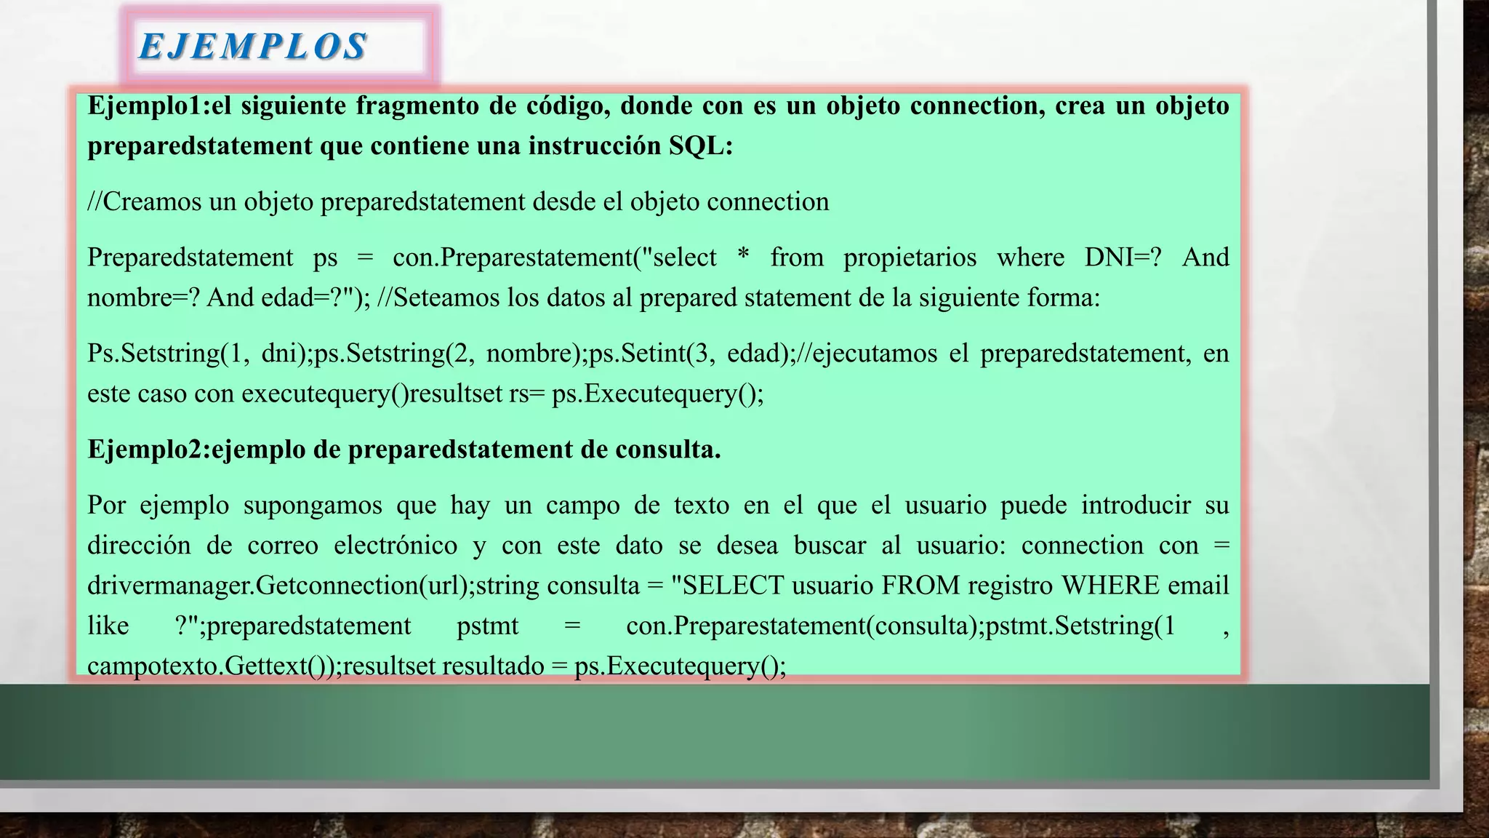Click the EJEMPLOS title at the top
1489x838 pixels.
pos(252,47)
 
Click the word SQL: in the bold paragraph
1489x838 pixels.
pos(701,145)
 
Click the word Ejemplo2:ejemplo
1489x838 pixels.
pos(196,450)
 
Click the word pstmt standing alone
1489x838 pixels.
pos(487,626)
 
